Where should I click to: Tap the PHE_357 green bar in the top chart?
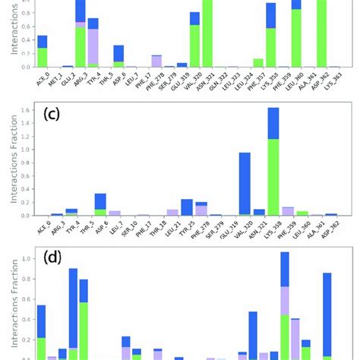pos(258,63)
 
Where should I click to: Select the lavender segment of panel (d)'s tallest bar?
pos(285,300)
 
